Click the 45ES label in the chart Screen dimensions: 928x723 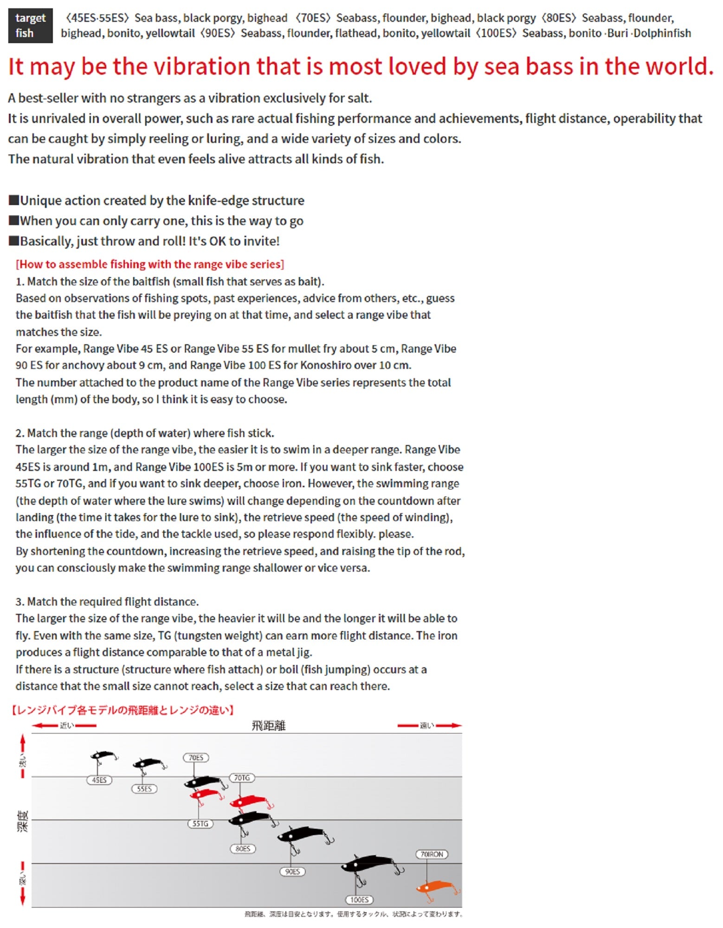point(99,780)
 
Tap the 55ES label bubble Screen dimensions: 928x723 point(144,789)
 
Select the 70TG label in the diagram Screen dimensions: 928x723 point(242,778)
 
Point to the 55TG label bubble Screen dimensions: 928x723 point(200,824)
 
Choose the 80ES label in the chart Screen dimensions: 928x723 point(243,849)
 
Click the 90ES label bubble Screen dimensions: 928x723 point(292,871)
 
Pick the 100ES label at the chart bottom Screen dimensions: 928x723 point(359,900)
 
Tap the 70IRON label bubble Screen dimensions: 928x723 point(432,854)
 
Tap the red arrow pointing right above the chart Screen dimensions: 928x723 point(449,726)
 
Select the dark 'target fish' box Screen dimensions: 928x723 point(30,26)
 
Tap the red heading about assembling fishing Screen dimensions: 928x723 point(150,264)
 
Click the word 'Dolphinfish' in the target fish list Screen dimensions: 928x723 point(662,33)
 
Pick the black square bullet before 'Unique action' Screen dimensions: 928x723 point(14,200)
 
